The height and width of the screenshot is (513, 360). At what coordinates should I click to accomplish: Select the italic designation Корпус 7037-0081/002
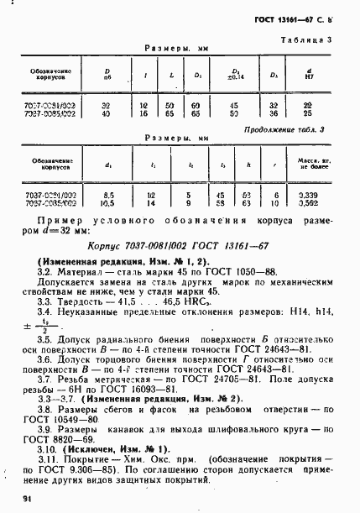click(x=143, y=248)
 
